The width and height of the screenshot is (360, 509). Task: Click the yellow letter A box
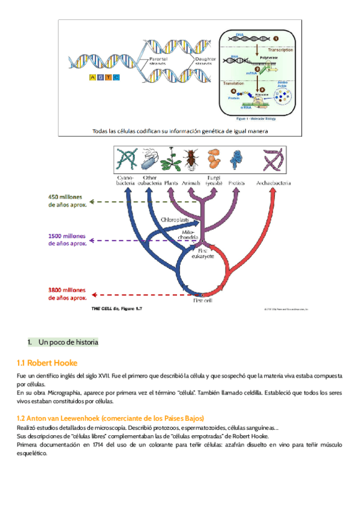(91, 77)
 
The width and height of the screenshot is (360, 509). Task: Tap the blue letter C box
(116, 77)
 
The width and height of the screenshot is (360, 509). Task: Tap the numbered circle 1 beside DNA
(276, 38)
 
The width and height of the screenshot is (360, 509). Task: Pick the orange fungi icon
(214, 161)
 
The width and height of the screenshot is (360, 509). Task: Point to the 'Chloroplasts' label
(176, 220)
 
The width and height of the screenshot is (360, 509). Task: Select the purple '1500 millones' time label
(68, 239)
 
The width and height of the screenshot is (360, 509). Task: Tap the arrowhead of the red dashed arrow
(94, 295)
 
